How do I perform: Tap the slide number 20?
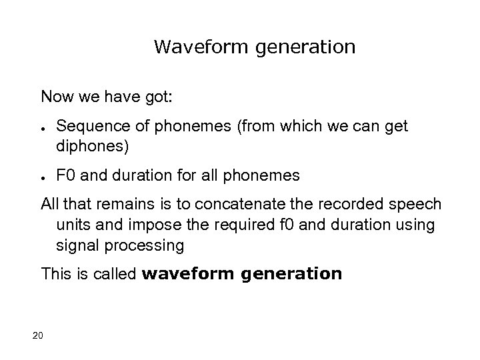37,335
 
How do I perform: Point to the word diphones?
89,145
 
